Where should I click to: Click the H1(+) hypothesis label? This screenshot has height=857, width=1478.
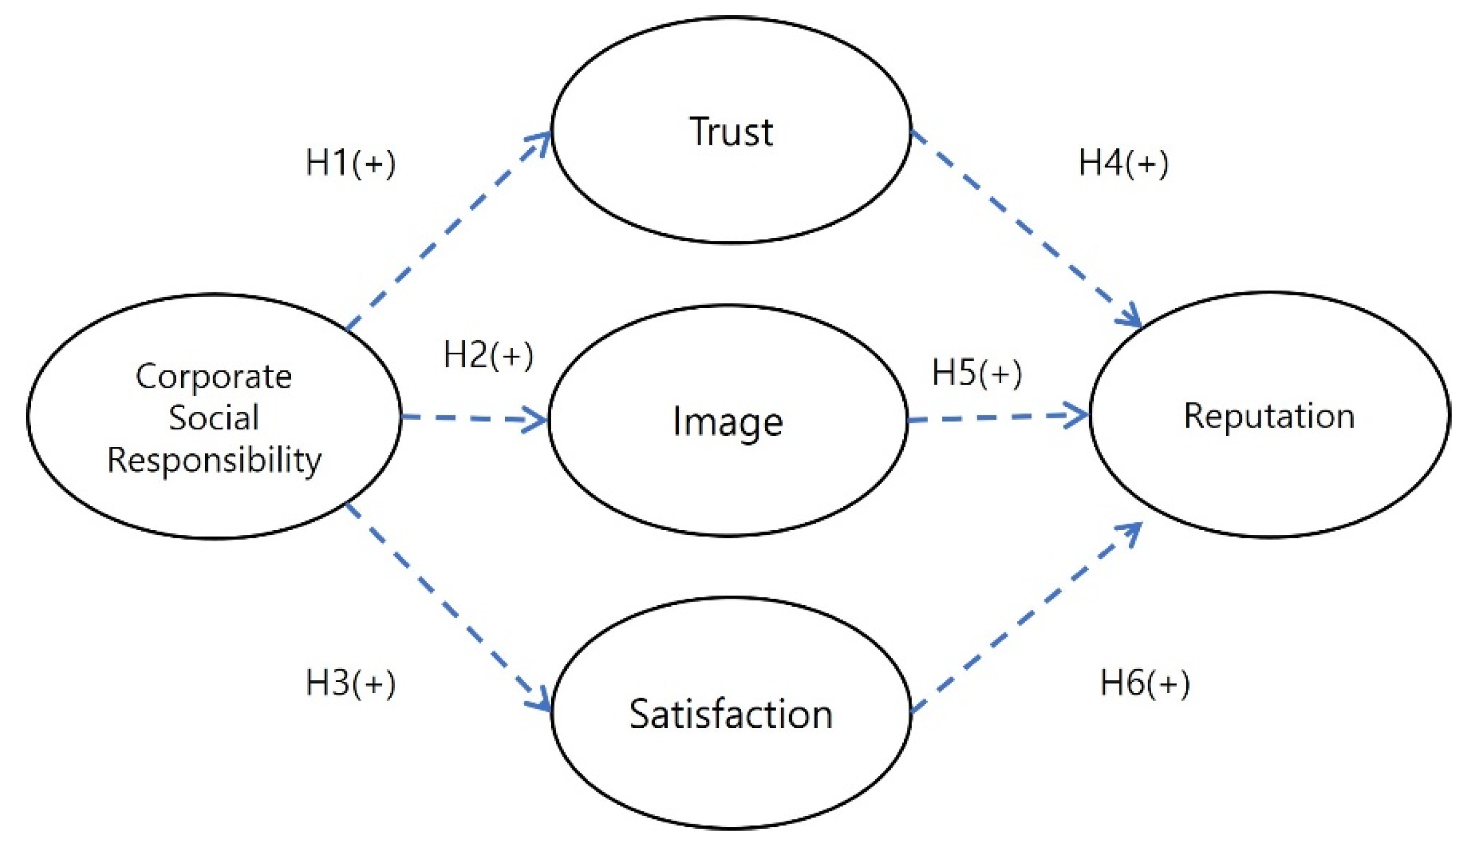click(350, 163)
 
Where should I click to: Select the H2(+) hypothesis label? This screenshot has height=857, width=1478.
click(488, 356)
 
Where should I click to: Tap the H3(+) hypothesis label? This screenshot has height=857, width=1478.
click(350, 684)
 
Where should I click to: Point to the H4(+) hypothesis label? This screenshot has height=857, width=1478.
click(1122, 163)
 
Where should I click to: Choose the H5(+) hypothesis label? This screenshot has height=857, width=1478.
click(977, 373)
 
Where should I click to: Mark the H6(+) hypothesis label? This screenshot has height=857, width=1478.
click(1144, 684)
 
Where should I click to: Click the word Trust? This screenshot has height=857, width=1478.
click(731, 131)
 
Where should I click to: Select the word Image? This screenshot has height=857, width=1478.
click(727, 422)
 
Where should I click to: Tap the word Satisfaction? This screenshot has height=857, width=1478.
click(731, 715)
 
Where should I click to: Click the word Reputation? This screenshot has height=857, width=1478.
click(1269, 416)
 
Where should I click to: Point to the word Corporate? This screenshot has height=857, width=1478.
click(213, 376)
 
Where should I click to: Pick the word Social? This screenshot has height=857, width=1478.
click(213, 418)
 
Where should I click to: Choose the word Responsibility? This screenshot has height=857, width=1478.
click(213, 460)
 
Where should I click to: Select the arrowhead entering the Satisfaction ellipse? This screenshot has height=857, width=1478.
click(542, 702)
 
